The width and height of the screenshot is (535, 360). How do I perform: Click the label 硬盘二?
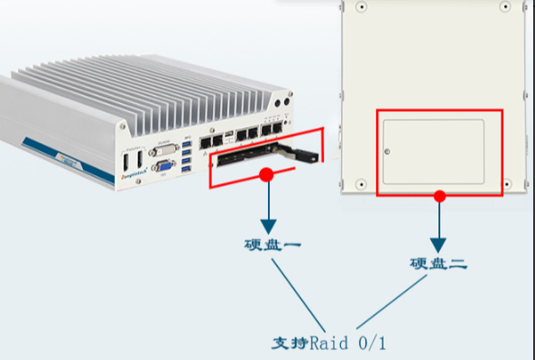click(438, 264)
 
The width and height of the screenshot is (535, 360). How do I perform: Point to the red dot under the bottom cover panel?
click(439, 195)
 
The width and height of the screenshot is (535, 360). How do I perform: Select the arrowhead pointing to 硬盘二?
click(438, 244)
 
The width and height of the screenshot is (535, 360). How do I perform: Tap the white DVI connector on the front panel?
click(165, 150)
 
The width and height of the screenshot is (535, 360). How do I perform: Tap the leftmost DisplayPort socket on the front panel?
click(125, 162)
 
